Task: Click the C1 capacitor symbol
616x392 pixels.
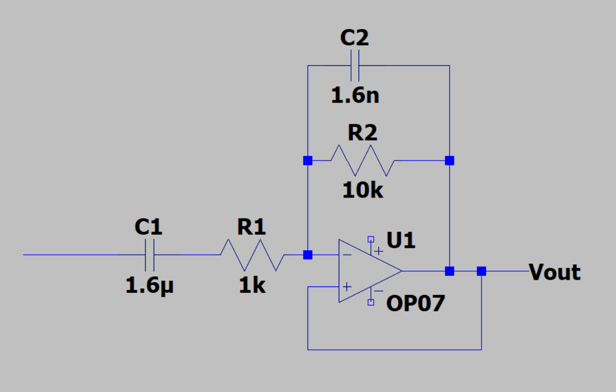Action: click(150, 255)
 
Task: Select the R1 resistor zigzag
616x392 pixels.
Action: click(252, 255)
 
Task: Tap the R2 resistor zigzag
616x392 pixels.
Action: click(363, 161)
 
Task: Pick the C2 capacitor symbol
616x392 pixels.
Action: click(355, 65)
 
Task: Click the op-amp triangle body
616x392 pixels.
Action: click(366, 271)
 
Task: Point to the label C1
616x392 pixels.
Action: click(149, 227)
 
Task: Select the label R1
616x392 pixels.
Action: click(251, 227)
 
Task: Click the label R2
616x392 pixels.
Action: click(362, 133)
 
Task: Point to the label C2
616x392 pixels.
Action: click(355, 38)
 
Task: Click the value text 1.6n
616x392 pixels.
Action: click(355, 95)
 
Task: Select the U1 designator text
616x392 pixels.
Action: click(401, 241)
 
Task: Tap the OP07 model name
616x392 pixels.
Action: click(416, 304)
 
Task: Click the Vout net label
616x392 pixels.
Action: click(555, 272)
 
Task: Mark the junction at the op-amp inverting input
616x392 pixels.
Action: click(307, 255)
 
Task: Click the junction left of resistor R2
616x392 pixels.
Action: click(307, 161)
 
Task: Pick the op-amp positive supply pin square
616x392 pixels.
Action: click(371, 239)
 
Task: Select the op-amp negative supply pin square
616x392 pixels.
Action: click(371, 302)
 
